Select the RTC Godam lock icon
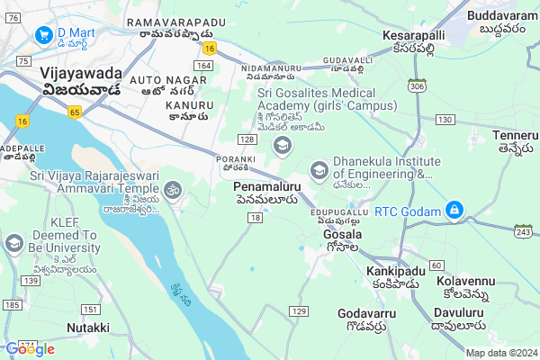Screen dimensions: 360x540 455,211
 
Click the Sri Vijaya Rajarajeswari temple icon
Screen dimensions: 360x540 172,190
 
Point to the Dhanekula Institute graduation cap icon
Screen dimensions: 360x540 319,169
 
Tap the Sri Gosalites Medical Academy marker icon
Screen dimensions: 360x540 283,146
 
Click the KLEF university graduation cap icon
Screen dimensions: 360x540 13,243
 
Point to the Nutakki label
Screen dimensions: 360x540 88,328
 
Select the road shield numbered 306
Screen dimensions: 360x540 416,86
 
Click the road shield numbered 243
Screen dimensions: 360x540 523,232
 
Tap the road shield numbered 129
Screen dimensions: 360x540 299,310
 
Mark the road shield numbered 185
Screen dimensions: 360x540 12,306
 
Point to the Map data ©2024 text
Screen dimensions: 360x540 500,353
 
